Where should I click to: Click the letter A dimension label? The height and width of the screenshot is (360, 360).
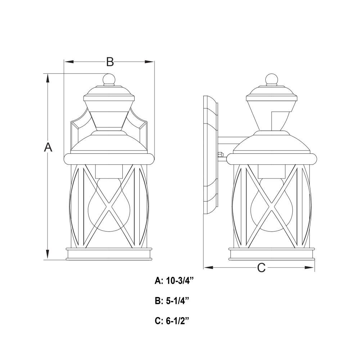(48, 147)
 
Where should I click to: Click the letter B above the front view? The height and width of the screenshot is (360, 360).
(110, 62)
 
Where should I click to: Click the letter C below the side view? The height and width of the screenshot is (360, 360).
(261, 267)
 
